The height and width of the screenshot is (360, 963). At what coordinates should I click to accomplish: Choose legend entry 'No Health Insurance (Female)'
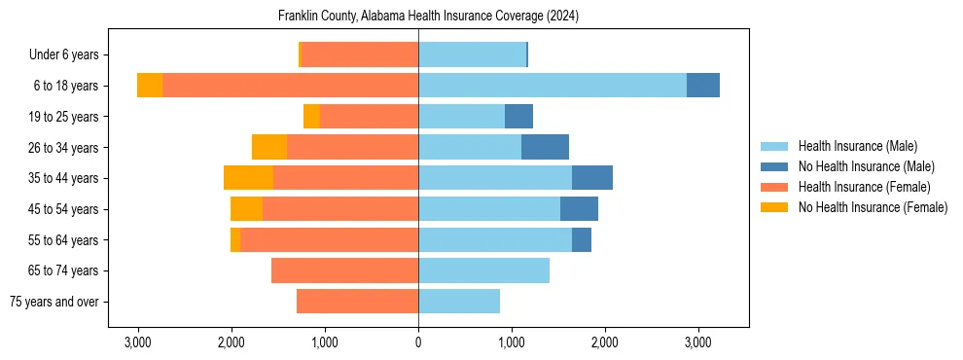(873, 207)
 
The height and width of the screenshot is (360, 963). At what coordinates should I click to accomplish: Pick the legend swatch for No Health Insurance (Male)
(774, 166)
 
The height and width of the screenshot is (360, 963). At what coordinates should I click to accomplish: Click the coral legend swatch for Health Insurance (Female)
(774, 187)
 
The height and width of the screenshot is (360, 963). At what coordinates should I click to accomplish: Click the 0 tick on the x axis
(418, 342)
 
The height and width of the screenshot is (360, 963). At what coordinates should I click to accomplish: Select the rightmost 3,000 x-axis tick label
(697, 342)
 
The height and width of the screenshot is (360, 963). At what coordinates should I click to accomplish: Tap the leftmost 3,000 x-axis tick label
(138, 342)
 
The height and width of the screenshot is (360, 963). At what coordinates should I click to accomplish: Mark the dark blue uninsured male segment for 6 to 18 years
(703, 86)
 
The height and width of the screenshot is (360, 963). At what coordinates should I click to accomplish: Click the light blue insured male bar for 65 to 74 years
(483, 270)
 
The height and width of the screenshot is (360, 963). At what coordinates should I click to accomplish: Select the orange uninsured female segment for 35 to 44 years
(248, 178)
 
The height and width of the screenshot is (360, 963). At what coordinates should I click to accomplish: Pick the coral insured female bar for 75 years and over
(357, 302)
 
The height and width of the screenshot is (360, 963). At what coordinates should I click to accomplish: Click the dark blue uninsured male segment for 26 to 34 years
(545, 147)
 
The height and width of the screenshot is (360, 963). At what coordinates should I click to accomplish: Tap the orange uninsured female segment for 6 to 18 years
(150, 86)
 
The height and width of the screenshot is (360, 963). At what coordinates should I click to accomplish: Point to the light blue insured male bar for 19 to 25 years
(461, 117)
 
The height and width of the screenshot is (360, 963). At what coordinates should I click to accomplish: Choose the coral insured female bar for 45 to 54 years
(340, 209)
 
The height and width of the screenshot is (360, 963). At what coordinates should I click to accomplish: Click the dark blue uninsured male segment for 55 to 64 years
(582, 239)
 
